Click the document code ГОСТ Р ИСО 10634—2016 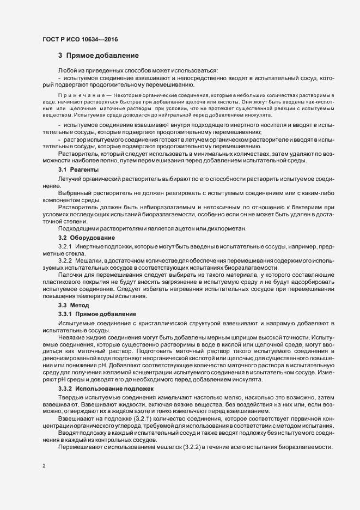tap(80, 39)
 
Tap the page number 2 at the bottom tap(44, 467)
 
